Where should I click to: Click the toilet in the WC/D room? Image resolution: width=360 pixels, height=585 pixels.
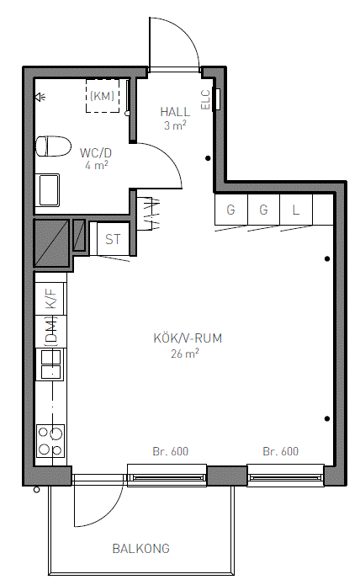53,146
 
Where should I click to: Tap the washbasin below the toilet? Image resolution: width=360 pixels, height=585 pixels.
48,190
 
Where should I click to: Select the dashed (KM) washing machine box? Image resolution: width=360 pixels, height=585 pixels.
103,96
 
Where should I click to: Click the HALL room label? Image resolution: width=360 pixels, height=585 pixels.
175,112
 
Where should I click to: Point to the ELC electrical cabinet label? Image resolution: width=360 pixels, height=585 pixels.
206,99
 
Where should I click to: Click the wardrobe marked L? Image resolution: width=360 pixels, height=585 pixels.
296,210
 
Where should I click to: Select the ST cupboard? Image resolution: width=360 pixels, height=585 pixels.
113,239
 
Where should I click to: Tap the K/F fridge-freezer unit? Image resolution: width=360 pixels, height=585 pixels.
51,299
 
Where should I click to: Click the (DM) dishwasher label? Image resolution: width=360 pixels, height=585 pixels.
52,332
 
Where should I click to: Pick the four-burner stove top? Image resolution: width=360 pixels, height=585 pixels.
50,441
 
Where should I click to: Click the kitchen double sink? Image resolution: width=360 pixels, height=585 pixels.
50,364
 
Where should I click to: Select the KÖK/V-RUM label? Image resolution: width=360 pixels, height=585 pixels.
188,338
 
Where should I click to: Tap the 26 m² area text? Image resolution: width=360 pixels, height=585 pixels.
185,353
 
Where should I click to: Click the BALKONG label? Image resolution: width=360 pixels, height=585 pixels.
140,549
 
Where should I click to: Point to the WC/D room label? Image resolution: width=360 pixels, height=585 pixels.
96,153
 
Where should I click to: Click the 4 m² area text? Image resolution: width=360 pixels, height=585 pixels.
97,165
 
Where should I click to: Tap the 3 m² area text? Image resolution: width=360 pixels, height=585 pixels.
175,125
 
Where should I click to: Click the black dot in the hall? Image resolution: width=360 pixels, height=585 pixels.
208,158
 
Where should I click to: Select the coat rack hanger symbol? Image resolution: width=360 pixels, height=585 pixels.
149,214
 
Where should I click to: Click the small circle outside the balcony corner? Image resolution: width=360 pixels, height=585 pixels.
36,490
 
